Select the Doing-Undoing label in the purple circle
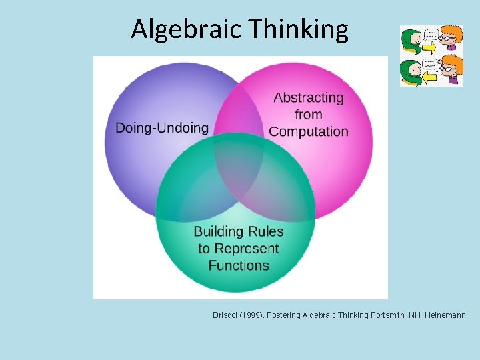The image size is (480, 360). tap(162, 127)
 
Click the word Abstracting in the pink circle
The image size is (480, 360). tap(309, 97)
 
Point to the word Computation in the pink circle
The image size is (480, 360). tap(309, 131)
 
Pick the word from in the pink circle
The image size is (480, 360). tap(308, 115)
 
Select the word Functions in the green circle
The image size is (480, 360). tap(239, 265)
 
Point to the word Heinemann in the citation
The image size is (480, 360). tap(443, 315)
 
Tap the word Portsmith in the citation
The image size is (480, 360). tap(387, 315)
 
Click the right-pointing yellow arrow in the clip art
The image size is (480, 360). tap(430, 48)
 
